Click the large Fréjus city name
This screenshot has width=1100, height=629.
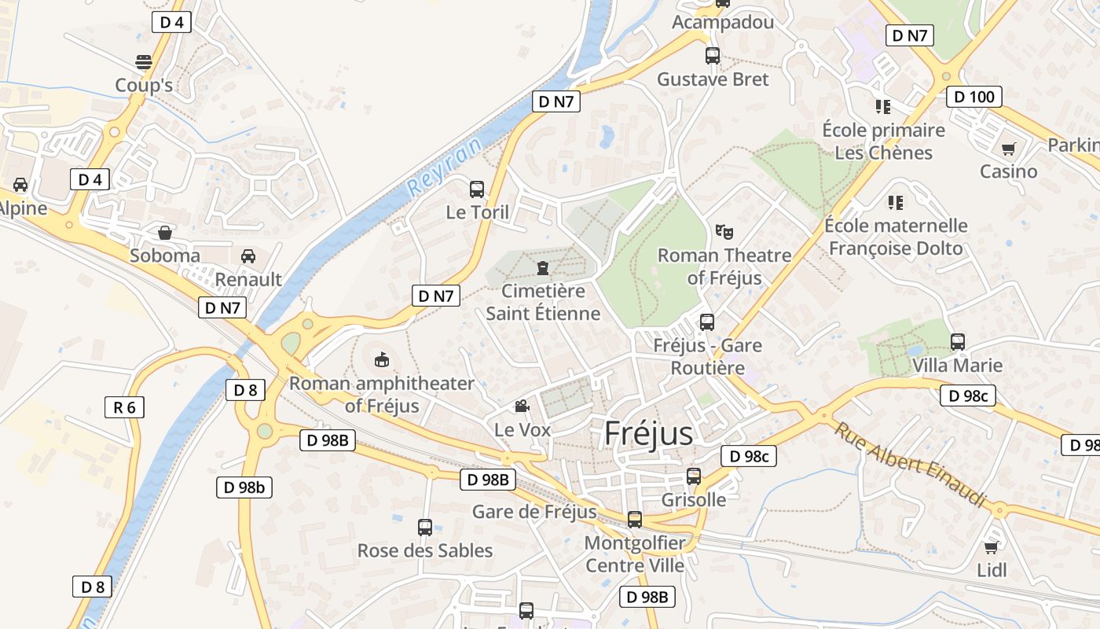click(x=649, y=434)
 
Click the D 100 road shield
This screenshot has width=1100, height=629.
click(x=974, y=97)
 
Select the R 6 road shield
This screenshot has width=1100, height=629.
click(x=124, y=407)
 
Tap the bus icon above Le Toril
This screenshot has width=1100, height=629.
click(x=477, y=189)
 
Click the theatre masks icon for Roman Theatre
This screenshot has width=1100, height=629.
click(x=724, y=232)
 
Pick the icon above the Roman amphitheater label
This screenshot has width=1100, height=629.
click(x=381, y=360)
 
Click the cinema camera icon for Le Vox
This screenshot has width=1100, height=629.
click(x=521, y=406)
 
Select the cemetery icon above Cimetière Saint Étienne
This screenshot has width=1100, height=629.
click(x=542, y=268)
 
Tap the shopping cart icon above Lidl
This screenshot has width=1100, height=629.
click(x=992, y=547)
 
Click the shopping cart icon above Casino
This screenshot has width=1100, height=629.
click(x=1008, y=149)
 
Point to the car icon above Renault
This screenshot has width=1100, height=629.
click(x=248, y=256)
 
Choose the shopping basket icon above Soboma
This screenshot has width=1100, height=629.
click(x=165, y=233)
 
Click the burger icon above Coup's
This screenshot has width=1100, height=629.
click(x=144, y=62)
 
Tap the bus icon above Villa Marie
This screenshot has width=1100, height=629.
click(x=957, y=342)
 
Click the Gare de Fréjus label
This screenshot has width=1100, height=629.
click(x=534, y=513)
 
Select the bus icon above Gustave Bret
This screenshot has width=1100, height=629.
click(x=713, y=56)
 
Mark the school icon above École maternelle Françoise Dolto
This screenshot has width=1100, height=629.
click(x=895, y=203)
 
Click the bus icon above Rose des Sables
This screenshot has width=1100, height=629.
click(x=425, y=528)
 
